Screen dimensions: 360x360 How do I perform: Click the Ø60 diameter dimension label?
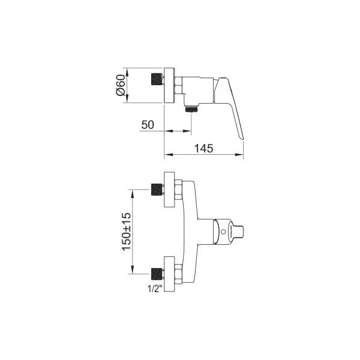[x=121, y=85]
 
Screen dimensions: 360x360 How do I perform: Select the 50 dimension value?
[x=148, y=125]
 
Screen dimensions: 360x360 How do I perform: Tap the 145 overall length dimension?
[x=203, y=148]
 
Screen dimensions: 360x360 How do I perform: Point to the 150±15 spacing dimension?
[x=127, y=232]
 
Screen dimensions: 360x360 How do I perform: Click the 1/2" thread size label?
[x=155, y=289]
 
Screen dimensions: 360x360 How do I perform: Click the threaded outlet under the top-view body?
[x=191, y=109]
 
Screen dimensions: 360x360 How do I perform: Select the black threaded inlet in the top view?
[x=157, y=79]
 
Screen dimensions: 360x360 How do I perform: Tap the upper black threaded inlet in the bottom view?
[x=157, y=190]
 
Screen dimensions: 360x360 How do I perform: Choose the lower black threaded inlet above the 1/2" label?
[x=157, y=274]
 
